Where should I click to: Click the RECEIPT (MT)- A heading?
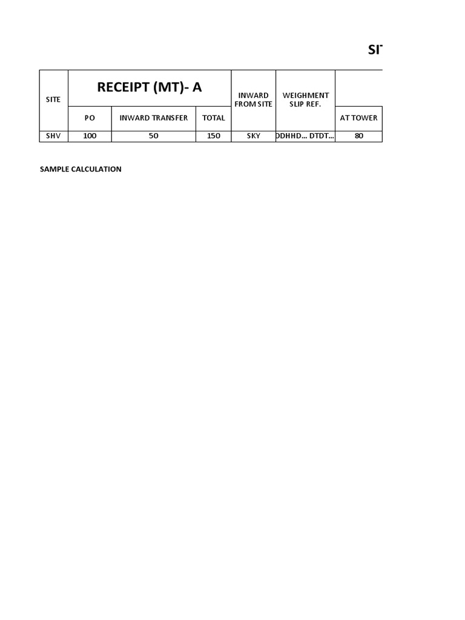pos(149,87)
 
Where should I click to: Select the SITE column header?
pos(53,99)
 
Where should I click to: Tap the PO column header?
pos(90,118)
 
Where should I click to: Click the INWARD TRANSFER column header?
pos(154,118)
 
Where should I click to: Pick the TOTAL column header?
pos(213,118)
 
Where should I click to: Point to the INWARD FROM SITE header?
pos(253,100)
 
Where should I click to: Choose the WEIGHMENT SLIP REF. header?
pos(306,100)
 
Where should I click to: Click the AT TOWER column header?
pos(358,118)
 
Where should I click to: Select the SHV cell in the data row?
pos(53,136)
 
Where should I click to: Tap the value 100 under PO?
pos(90,136)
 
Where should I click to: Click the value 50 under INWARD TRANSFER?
pos(154,136)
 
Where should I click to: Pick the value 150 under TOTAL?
pos(213,136)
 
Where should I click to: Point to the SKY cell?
pos(253,136)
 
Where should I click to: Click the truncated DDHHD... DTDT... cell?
pos(305,136)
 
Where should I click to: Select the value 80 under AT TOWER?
pos(358,136)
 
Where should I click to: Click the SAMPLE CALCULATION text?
pos(81,170)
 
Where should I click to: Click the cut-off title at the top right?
pos(375,50)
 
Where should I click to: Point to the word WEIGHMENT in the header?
pos(306,96)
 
